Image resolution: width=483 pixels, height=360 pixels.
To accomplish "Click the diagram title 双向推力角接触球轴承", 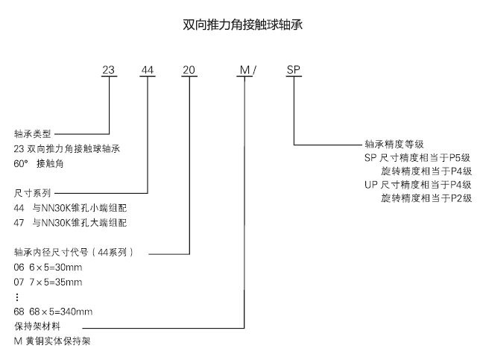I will pyautogui.click(x=241, y=25).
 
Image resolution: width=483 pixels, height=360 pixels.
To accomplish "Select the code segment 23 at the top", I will pyautogui.click(x=109, y=71).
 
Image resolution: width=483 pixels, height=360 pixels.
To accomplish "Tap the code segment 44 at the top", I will pyautogui.click(x=148, y=71).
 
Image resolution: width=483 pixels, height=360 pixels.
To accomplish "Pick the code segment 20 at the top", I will pyautogui.click(x=189, y=71).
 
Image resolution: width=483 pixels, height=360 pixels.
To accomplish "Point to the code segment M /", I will pyautogui.click(x=247, y=71).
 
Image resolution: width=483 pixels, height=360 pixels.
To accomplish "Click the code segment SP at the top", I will pyautogui.click(x=294, y=71).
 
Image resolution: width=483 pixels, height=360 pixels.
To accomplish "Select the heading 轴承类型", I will pyautogui.click(x=33, y=134).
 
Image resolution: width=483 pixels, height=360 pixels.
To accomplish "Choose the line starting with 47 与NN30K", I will pyautogui.click(x=70, y=222).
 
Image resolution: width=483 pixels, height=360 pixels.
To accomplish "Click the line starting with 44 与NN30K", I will pyautogui.click(x=70, y=208).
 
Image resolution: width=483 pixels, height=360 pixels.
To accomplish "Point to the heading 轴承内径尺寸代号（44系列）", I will pyautogui.click(x=74, y=253).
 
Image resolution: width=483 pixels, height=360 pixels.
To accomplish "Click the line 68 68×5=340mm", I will pyautogui.click(x=54, y=311).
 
